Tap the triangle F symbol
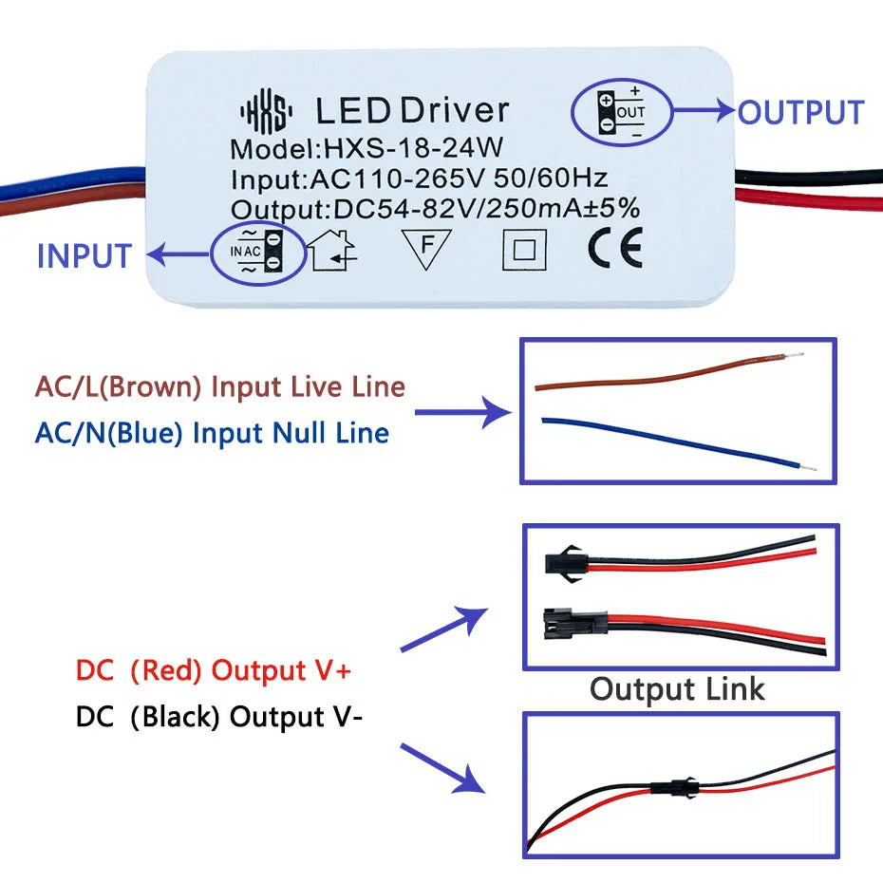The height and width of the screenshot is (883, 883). [425, 250]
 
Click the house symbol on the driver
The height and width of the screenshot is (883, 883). [332, 252]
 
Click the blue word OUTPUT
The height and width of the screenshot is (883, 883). [800, 112]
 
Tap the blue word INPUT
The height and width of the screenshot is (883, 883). [84, 256]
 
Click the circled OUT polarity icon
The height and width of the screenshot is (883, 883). [621, 112]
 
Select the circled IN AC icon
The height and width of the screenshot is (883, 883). [257, 252]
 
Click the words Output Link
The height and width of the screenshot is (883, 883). [677, 688]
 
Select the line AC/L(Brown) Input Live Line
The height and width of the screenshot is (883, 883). [219, 387]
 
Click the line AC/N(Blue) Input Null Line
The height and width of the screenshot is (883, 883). [212, 433]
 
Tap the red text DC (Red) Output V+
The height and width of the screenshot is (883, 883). [214, 670]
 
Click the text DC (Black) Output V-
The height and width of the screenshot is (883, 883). [218, 716]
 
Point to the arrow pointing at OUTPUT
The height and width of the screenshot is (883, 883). [705, 112]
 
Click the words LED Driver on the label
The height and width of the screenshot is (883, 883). [412, 111]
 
